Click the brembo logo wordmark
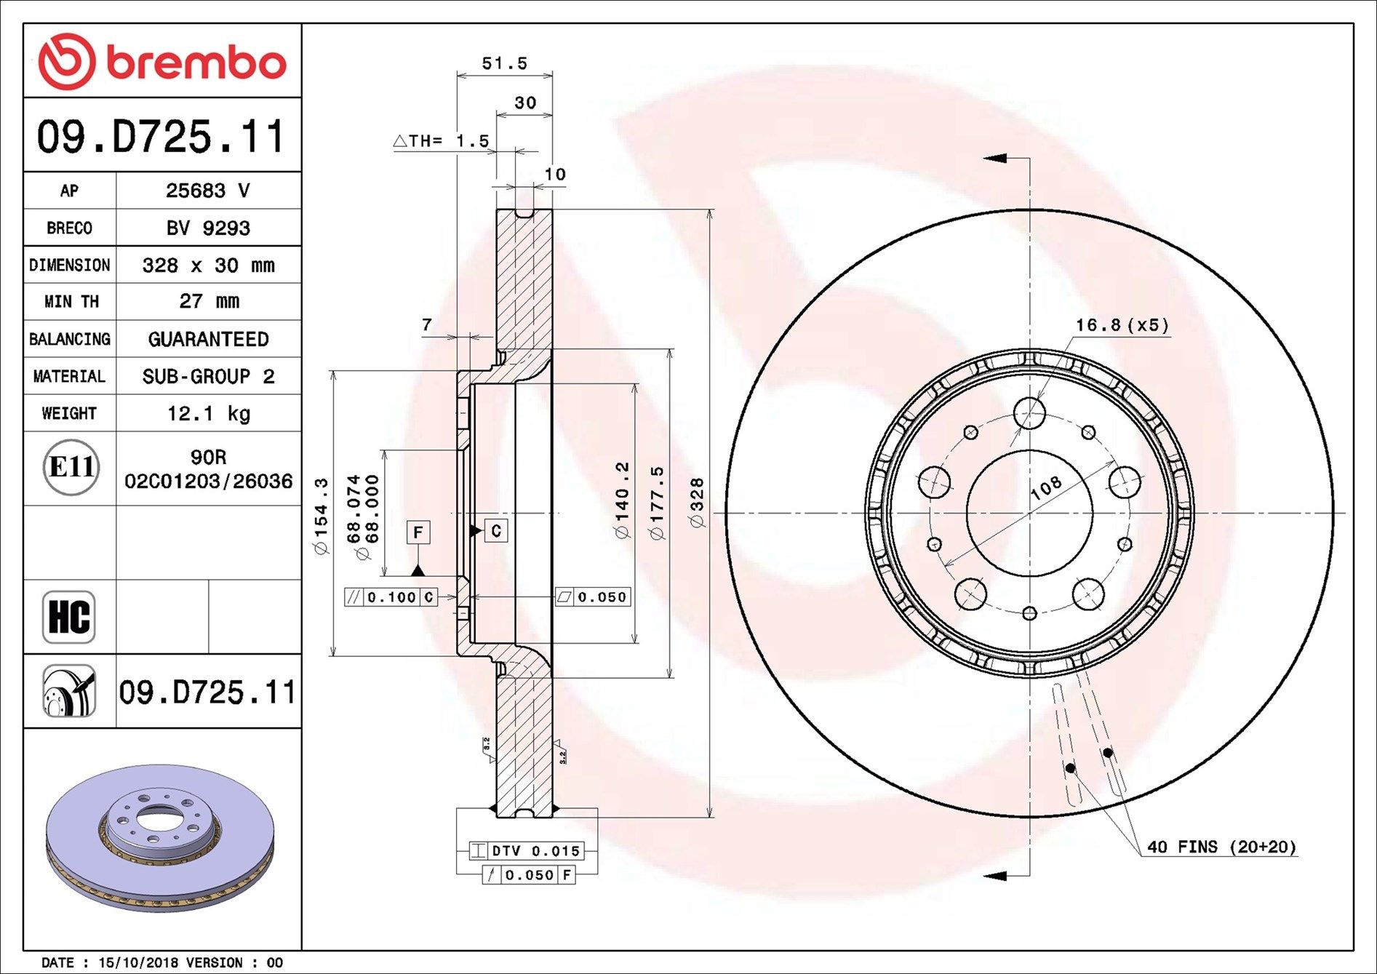pyautogui.click(x=195, y=63)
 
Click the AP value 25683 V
pyautogui.click(x=207, y=191)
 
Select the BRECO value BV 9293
pyautogui.click(x=208, y=228)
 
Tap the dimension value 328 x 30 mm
pyautogui.click(x=208, y=266)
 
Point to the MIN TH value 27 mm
pyautogui.click(x=208, y=301)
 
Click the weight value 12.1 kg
pyautogui.click(x=208, y=413)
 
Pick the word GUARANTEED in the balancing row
pyautogui.click(x=208, y=339)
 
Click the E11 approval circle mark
pyautogui.click(x=71, y=467)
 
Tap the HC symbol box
pyautogui.click(x=69, y=617)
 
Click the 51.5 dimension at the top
pyautogui.click(x=504, y=64)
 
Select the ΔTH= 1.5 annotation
pyautogui.click(x=442, y=141)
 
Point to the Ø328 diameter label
pyautogui.click(x=696, y=503)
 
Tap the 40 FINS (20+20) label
pyautogui.click(x=1221, y=847)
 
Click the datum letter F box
pyautogui.click(x=418, y=532)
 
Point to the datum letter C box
pyautogui.click(x=496, y=531)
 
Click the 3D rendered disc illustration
pyautogui.click(x=160, y=837)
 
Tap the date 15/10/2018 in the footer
pyautogui.click(x=137, y=962)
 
